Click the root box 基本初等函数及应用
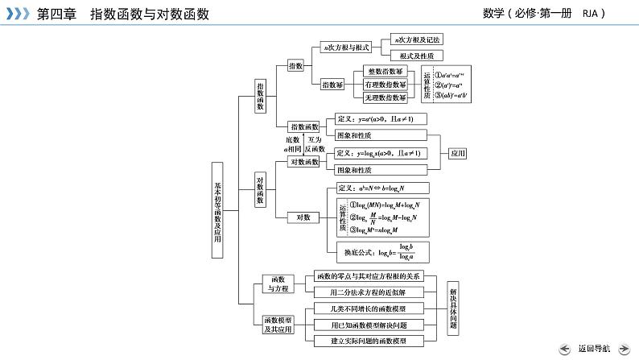coord(218,209)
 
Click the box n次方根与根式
coord(346,48)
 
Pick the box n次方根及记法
coord(416,39)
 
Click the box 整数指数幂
coord(385,72)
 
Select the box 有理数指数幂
coord(385,85)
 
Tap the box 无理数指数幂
coord(385,97)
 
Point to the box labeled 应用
coord(457,152)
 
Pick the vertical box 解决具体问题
coord(453,308)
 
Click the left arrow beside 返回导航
coord(566,348)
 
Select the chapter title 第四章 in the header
coord(54,13)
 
